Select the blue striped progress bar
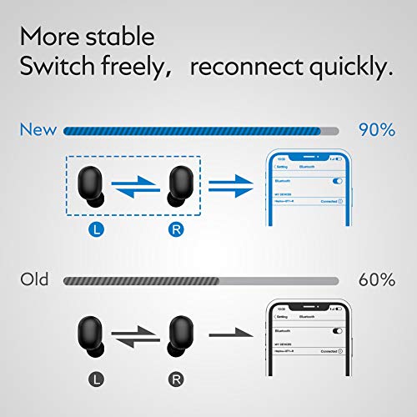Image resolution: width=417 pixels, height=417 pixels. pos(193,130)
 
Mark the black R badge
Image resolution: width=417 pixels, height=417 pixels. pos(176,379)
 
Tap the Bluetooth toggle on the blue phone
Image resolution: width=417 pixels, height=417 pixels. pos(337,180)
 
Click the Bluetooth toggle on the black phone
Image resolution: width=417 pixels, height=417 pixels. pos(338,331)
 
